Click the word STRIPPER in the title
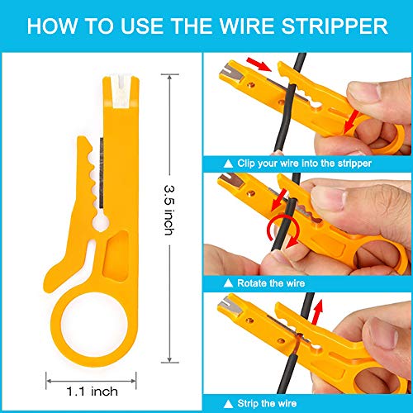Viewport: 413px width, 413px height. pos(335,26)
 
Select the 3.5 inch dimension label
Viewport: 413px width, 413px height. pos(169,210)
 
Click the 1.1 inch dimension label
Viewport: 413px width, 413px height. pos(93,392)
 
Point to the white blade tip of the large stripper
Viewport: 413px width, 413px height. pos(121,92)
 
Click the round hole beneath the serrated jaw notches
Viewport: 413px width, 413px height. pos(101,221)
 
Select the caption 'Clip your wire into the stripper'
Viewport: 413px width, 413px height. pos(304,164)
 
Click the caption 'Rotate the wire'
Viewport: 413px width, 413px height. pos(271,283)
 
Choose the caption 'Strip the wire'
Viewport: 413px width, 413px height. pos(267,403)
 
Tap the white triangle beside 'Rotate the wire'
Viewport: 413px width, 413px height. pos(228,283)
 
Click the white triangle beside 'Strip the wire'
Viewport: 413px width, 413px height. pos(228,404)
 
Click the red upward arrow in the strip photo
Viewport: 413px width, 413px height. pos(317,312)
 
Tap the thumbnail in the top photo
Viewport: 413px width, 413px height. pos(364,92)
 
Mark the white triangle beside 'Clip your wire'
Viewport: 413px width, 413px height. pos(228,164)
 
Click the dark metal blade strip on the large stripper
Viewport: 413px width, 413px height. pos(102,173)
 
